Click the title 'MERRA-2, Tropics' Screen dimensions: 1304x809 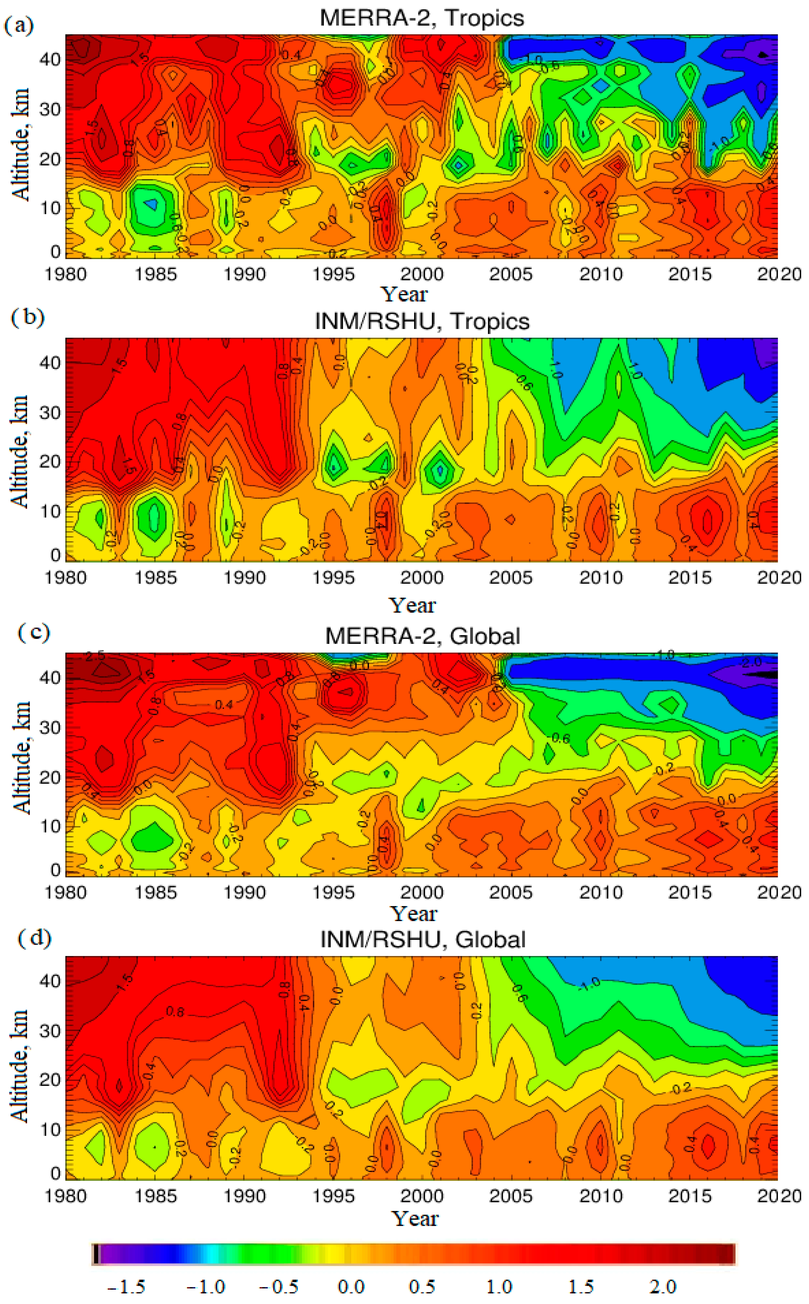click(x=422, y=18)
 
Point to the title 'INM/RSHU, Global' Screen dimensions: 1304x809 click(x=423, y=940)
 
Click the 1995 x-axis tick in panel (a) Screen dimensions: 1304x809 click(x=333, y=274)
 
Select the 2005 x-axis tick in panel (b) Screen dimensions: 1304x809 click(x=510, y=577)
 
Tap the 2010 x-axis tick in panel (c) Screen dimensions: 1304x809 click(x=600, y=892)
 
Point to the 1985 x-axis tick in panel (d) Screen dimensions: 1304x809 click(x=155, y=1195)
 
